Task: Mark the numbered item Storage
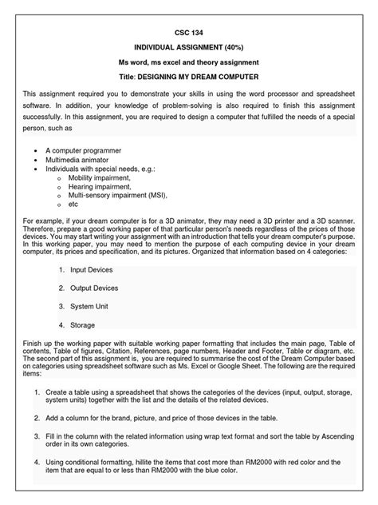[x=83, y=325]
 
